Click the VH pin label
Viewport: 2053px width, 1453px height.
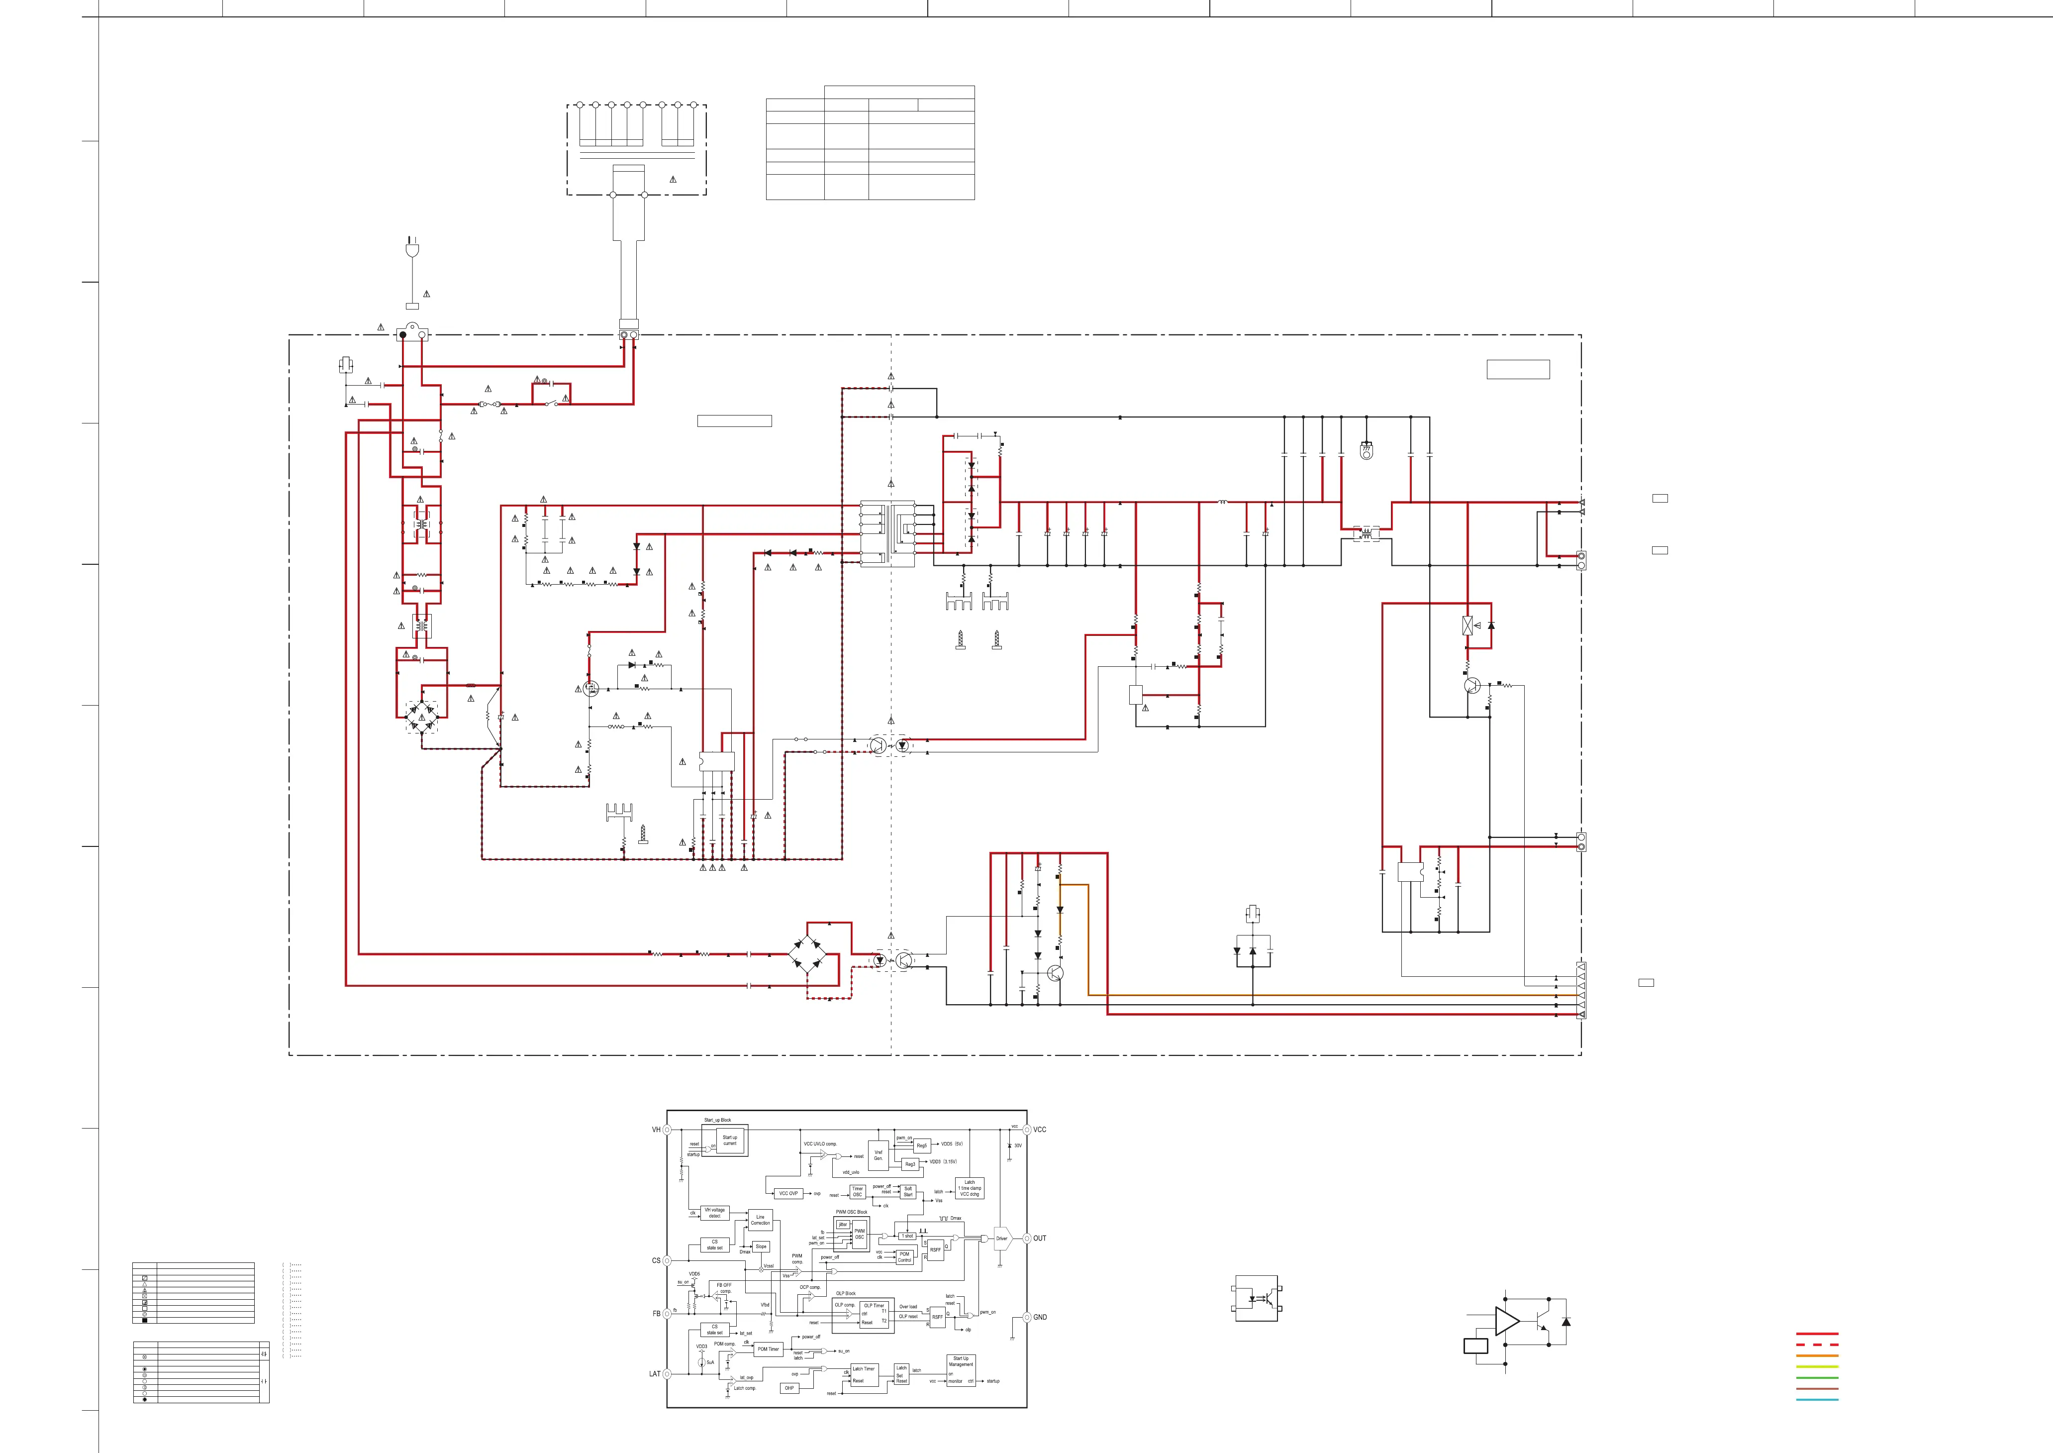[656, 1130]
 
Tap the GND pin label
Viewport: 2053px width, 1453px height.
[1040, 1317]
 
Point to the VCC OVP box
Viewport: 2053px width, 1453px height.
[788, 1194]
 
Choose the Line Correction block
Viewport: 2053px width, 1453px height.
[761, 1221]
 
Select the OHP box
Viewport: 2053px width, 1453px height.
[789, 1389]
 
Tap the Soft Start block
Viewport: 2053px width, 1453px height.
[908, 1192]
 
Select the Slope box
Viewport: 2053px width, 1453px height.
[761, 1246]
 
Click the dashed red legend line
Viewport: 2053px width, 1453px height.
[1817, 1345]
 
